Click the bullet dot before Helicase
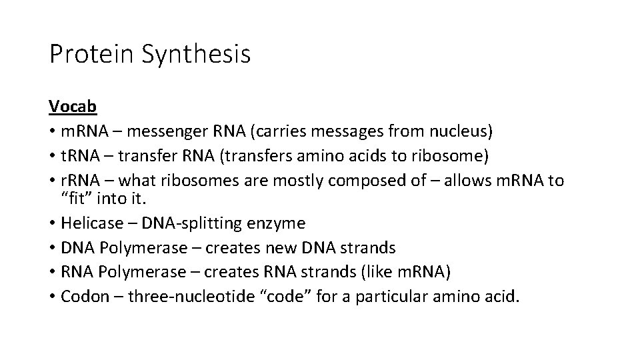52,223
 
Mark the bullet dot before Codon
52,296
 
